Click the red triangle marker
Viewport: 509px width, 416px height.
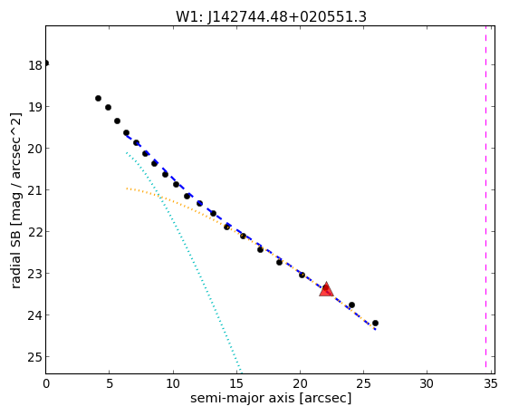point(326,289)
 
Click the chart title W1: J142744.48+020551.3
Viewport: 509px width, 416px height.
point(271,17)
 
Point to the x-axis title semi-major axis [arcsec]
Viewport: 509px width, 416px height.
point(271,398)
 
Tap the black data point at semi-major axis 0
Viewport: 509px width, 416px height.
point(46,63)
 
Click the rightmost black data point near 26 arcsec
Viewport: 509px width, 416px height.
point(375,323)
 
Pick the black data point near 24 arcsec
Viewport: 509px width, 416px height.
point(351,305)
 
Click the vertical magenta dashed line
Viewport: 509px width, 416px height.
point(486,197)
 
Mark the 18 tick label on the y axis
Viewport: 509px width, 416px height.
point(35,65)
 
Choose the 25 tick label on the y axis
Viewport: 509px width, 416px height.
point(35,357)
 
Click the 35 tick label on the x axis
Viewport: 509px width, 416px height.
point(490,384)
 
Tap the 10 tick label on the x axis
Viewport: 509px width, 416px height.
point(173,384)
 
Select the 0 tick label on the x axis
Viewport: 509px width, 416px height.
point(46,384)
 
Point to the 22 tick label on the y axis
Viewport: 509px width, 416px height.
point(35,232)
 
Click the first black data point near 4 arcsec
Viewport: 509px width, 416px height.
point(98,98)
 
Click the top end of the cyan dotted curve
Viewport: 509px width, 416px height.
point(127,152)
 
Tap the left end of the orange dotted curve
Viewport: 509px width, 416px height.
point(127,189)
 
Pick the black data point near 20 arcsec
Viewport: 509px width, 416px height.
point(302,275)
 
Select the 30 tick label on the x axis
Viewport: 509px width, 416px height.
point(427,384)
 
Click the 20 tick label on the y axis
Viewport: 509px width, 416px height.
point(35,149)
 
